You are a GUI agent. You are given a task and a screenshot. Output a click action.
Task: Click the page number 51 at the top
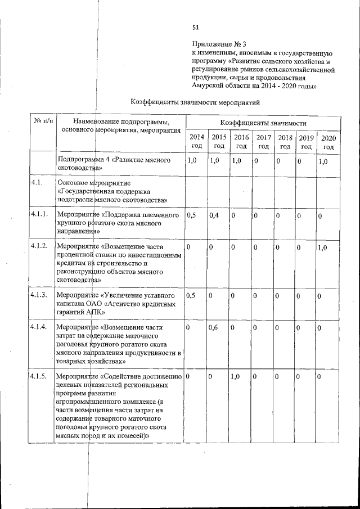click(196, 27)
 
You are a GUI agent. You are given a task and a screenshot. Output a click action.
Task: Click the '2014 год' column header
click(196, 142)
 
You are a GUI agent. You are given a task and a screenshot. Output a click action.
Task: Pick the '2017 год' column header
click(263, 142)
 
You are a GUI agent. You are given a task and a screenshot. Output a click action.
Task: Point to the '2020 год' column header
click(328, 142)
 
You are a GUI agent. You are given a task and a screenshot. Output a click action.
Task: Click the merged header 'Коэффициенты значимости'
click(263, 123)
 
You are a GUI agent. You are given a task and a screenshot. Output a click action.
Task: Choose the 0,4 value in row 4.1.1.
click(214, 215)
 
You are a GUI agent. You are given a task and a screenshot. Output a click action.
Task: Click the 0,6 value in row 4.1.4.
click(214, 328)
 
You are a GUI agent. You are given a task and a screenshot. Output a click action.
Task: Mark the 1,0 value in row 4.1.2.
click(323, 248)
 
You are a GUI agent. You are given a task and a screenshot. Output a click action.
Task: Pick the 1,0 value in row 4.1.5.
click(236, 376)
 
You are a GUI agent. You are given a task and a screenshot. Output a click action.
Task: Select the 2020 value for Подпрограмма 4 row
click(323, 161)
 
